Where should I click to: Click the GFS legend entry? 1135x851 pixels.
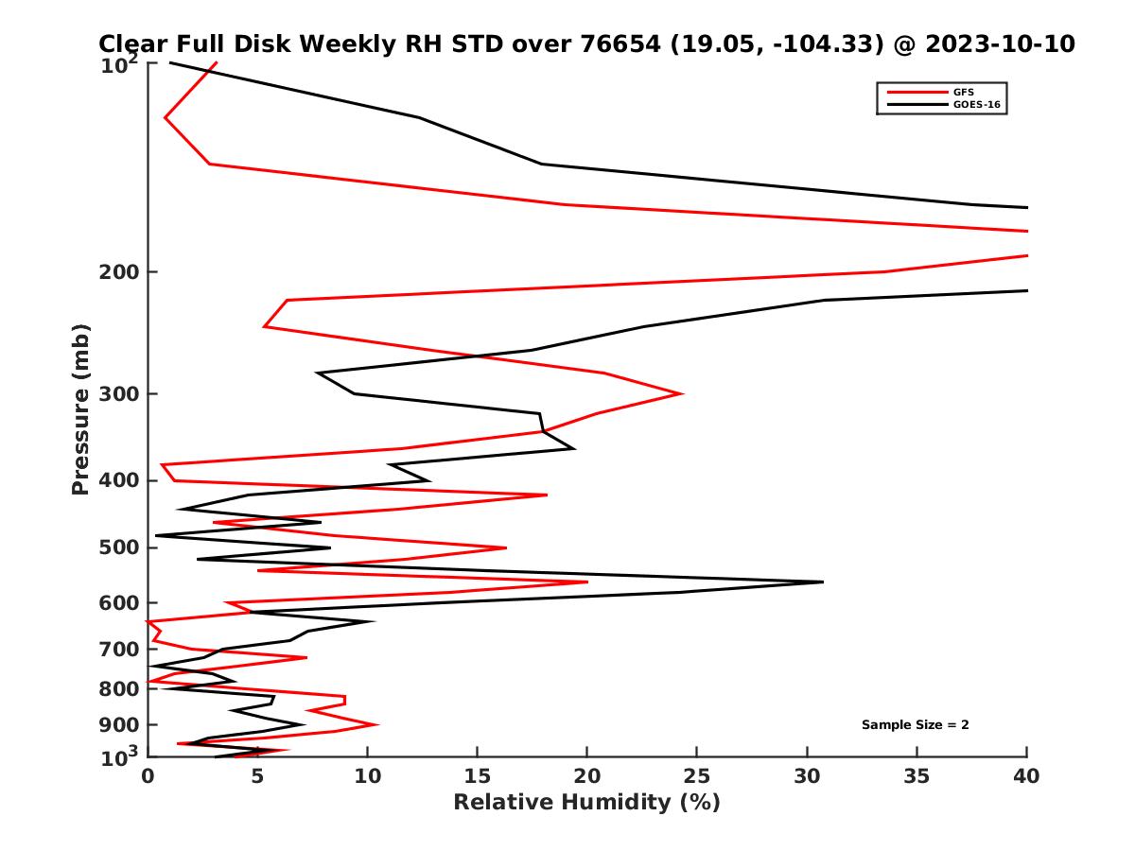[x=960, y=92]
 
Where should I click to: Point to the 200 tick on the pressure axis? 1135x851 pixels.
[x=120, y=272]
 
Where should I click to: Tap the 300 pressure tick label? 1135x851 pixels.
[x=120, y=394]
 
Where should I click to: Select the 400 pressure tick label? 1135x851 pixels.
[x=120, y=480]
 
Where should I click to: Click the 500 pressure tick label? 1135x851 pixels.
[x=120, y=547]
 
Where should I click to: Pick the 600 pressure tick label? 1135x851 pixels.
[x=120, y=603]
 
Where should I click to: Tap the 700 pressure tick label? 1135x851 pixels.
[x=120, y=650]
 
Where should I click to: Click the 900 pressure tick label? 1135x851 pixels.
[x=120, y=725]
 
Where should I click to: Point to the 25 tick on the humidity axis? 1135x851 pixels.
[x=697, y=776]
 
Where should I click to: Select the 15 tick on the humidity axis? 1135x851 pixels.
[x=478, y=776]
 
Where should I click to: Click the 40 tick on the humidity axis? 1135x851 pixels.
[x=1026, y=776]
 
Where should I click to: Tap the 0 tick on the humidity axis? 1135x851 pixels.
[x=148, y=776]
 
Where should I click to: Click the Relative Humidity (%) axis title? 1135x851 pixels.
[x=586, y=803]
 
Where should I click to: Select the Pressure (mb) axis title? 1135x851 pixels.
[x=80, y=408]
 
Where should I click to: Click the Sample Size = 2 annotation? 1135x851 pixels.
[x=915, y=725]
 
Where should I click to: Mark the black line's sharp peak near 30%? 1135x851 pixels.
[x=822, y=582]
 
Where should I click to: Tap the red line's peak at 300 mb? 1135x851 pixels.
[x=682, y=393]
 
